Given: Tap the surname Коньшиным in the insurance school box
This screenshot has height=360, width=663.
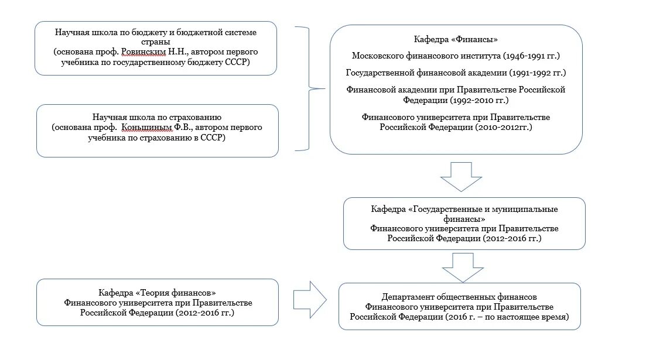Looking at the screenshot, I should tap(150, 128).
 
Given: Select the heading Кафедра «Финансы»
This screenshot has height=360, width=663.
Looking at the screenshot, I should tap(456, 40).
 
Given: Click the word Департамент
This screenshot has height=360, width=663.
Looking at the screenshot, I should tap(408, 297).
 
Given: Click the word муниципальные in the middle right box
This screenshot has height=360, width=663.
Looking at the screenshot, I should tap(525, 209).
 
